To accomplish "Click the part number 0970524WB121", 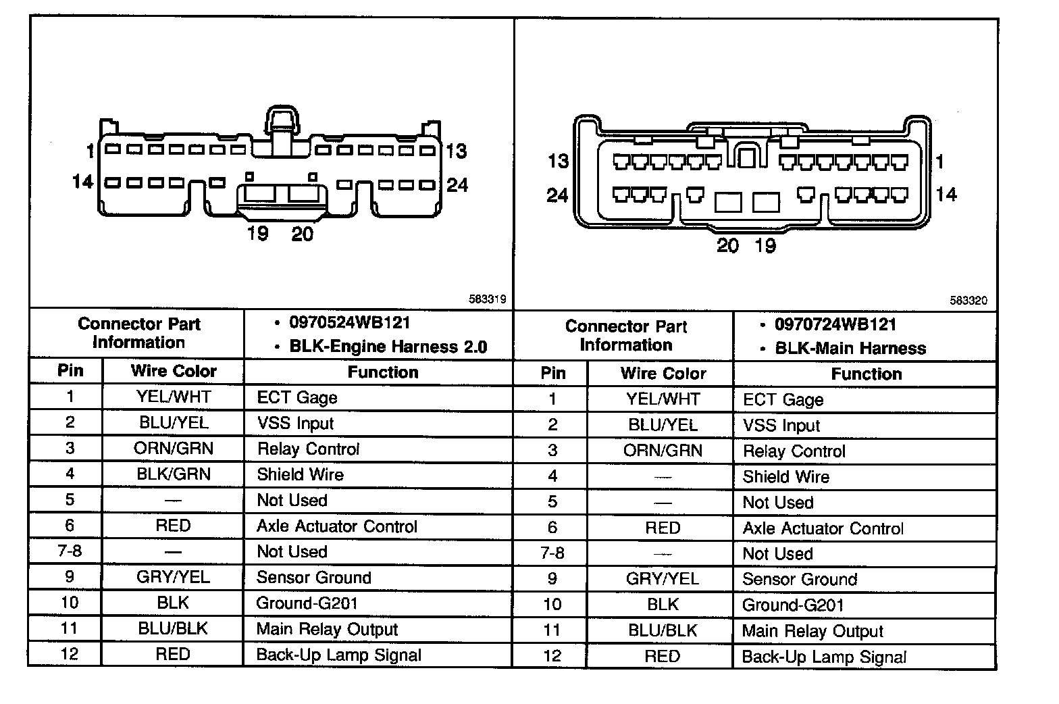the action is (x=349, y=323).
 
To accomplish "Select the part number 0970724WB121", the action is (x=835, y=325).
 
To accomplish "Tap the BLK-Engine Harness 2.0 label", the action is (x=388, y=347).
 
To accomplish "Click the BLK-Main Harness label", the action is (x=850, y=349).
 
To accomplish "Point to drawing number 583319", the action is (x=487, y=299).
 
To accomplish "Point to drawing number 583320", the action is (x=968, y=301).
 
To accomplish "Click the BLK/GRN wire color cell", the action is (x=174, y=474).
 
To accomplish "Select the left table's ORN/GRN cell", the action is (x=174, y=449).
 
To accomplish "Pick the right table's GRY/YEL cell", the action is (x=662, y=580).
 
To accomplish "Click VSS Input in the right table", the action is (x=781, y=426).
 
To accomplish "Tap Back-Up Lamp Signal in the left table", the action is (x=338, y=655).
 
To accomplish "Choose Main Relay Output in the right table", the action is (x=812, y=632).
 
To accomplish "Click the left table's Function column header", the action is (x=383, y=372).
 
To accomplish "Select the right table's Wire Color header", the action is (x=663, y=374).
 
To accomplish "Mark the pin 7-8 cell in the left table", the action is (x=70, y=551).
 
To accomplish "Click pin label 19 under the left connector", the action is (x=258, y=234).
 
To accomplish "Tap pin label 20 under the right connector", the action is (x=727, y=246).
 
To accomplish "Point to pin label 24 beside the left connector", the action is (x=457, y=185).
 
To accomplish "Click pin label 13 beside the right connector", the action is (x=559, y=161).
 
